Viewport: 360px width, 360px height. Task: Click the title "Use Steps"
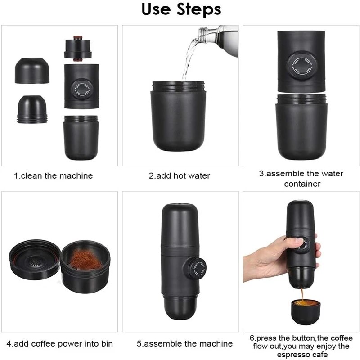(181, 10)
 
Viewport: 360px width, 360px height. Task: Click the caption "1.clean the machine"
(53, 176)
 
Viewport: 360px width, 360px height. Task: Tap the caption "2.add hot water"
(180, 176)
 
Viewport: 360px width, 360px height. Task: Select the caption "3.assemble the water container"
(301, 179)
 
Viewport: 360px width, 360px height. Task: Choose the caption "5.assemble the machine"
(184, 344)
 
